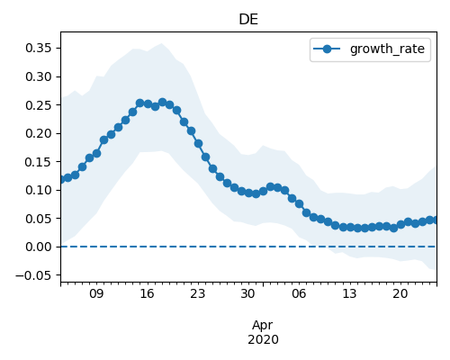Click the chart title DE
tap(248, 20)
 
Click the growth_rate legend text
tap(387, 49)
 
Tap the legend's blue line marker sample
tap(327, 49)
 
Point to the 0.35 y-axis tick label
tap(39, 48)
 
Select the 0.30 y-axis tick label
tap(39, 76)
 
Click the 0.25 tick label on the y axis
tap(39, 105)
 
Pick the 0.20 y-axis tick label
tap(39, 133)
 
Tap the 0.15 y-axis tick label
tap(39, 162)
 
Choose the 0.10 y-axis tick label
tap(39, 190)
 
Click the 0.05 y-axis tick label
tap(39, 219)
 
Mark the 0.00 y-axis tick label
tap(39, 247)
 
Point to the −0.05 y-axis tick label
tap(34, 275)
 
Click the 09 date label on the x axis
tap(96, 293)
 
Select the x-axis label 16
tap(147, 293)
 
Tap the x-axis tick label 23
tap(197, 293)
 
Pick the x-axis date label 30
tap(248, 293)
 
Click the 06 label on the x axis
tap(299, 293)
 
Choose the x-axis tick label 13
tap(349, 293)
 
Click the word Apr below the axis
tap(263, 326)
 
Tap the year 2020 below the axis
tap(263, 339)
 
